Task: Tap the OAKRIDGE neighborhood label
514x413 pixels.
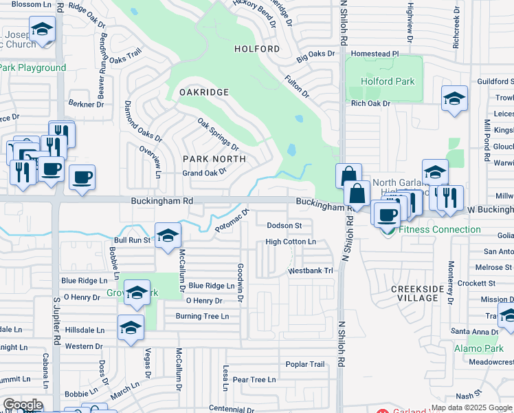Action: [x=203, y=92]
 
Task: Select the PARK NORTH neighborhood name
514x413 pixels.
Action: [x=214, y=159]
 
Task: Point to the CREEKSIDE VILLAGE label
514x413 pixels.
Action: [x=424, y=293]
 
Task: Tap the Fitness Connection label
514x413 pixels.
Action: [x=440, y=229]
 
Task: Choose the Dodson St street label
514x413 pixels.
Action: [x=284, y=225]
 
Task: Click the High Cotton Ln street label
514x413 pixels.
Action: [x=291, y=242]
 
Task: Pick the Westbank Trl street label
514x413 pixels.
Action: [x=311, y=271]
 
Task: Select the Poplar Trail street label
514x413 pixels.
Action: [x=304, y=364]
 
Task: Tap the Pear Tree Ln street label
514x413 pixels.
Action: [x=254, y=379]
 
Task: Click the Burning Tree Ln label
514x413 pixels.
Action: [x=201, y=316]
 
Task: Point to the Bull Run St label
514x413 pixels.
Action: [x=131, y=240]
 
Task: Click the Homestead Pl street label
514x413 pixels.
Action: [x=375, y=53]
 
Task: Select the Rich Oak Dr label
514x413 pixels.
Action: [x=370, y=103]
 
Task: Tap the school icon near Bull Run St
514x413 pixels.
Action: [x=167, y=235]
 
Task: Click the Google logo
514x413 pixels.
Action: [x=22, y=405]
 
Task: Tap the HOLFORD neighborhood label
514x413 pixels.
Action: [x=257, y=49]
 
